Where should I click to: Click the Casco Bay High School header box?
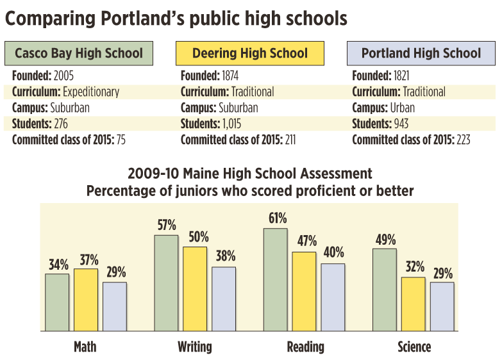[x=78, y=53]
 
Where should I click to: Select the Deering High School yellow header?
[x=249, y=53]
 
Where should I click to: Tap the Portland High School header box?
[x=421, y=53]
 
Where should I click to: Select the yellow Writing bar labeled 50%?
[x=195, y=288]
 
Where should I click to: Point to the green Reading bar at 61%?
[x=276, y=279]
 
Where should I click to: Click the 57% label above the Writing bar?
[x=167, y=225]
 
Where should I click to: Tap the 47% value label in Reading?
[x=305, y=241]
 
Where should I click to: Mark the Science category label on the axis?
[x=414, y=347]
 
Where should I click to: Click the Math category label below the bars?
[x=85, y=347]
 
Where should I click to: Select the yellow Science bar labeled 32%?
[x=414, y=304]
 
